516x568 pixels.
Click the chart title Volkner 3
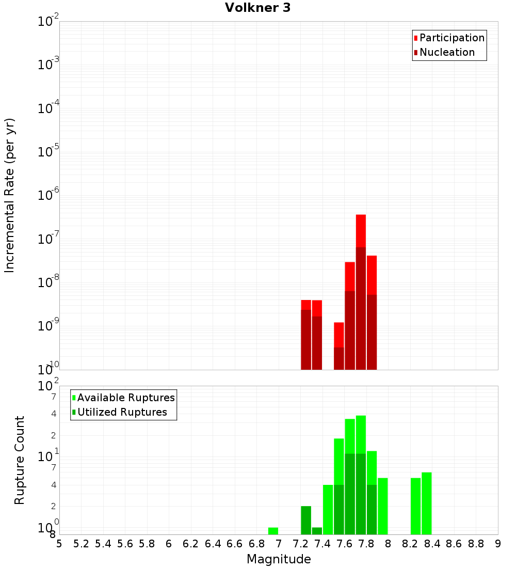coord(257,8)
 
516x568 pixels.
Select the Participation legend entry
coord(449,38)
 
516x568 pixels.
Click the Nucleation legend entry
coord(444,52)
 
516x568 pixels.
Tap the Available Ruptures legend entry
coord(123,398)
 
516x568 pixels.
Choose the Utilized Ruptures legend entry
coord(120,412)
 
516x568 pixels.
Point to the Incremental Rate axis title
coord(9,196)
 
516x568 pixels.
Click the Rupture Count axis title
coord(19,460)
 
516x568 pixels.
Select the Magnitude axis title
coord(279,559)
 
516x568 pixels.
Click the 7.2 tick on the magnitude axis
coord(300,544)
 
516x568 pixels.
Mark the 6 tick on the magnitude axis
coord(169,544)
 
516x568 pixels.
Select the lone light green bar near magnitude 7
coord(273,531)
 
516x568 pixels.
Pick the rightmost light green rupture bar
coord(427,503)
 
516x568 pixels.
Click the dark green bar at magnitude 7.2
coord(306,520)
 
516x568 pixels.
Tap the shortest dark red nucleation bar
coord(339,359)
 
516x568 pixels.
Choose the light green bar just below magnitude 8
coord(383,506)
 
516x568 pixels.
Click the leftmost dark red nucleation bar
coord(306,340)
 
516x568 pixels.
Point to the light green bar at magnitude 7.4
coord(328,509)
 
